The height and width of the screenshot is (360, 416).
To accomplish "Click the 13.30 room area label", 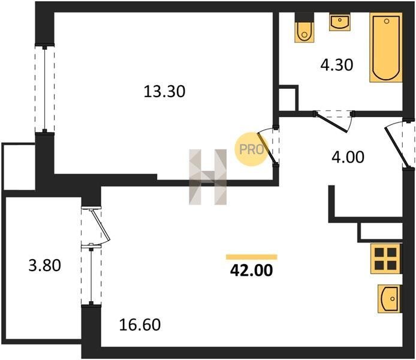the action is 164,92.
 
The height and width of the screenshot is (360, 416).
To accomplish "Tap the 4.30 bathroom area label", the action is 337,65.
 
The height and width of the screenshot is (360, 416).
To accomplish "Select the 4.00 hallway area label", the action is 348,157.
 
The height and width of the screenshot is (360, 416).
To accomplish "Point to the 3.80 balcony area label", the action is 44,265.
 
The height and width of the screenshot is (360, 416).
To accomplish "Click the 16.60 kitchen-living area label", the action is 140,325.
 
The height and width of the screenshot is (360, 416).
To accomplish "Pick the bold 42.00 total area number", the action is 252,271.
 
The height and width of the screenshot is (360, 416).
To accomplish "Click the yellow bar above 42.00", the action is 252,257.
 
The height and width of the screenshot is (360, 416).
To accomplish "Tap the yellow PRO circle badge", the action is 251,149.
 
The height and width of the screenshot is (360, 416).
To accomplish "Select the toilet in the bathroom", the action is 305,28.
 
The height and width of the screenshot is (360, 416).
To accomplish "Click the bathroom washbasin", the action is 339,22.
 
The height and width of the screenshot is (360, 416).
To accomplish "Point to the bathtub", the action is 386,47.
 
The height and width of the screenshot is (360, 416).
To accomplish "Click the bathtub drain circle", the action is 386,21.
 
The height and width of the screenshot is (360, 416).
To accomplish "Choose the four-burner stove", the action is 386,259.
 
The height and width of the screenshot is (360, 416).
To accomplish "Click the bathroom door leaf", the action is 331,122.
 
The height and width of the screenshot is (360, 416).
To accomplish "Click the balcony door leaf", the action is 100,224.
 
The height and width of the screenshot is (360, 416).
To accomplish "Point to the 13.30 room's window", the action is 45,89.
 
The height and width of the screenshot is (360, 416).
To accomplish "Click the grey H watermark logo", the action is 208,177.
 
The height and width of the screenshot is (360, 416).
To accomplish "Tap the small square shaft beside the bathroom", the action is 287,98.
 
